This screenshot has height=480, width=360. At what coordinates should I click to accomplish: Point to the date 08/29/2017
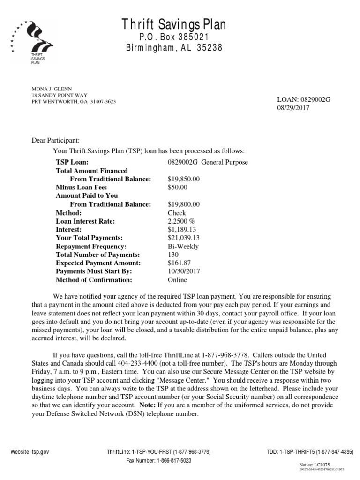[294, 108]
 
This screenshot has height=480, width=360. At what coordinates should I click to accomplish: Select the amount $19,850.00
[184, 179]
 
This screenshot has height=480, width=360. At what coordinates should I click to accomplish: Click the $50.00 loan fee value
[178, 187]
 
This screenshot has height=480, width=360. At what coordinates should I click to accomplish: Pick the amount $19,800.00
[184, 204]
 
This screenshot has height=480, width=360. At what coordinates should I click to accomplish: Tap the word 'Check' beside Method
[177, 213]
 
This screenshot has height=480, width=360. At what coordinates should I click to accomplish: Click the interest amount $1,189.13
[182, 230]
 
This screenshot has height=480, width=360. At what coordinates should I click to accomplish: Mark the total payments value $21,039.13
[184, 238]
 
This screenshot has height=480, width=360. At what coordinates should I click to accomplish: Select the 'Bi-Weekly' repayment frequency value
[183, 247]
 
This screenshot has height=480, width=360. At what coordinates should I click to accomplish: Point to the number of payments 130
[173, 255]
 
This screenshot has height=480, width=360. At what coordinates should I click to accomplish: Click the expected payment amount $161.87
[179, 263]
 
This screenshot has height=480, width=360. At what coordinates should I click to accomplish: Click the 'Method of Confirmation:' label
[94, 280]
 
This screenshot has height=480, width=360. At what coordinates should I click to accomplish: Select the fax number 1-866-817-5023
[159, 461]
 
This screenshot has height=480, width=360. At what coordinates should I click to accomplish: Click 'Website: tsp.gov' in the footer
[30, 452]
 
